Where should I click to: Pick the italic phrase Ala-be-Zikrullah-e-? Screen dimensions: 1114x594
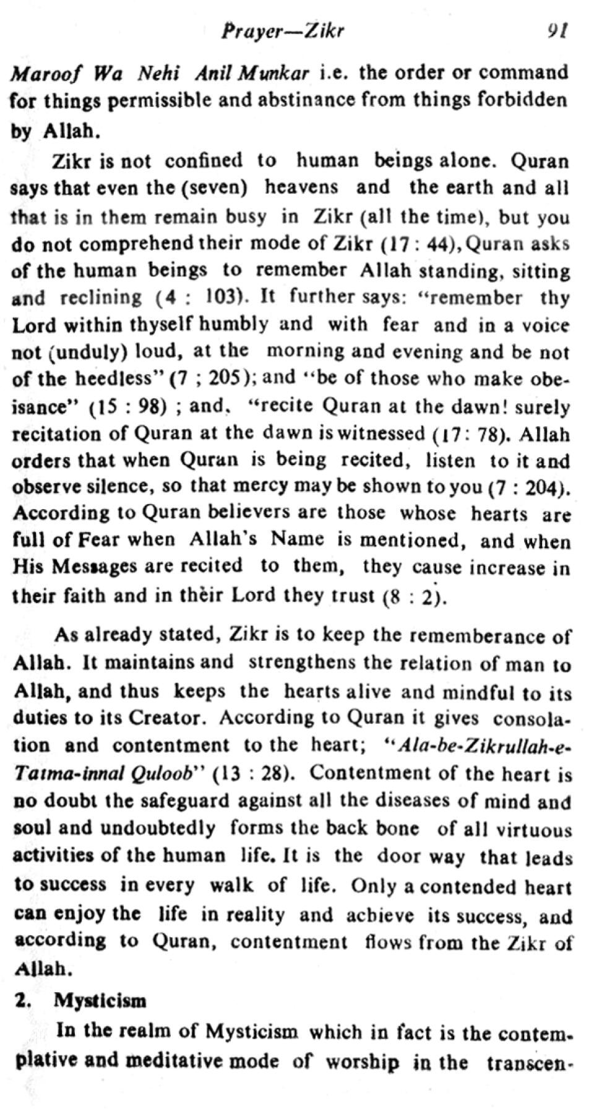pyautogui.click(x=477, y=747)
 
